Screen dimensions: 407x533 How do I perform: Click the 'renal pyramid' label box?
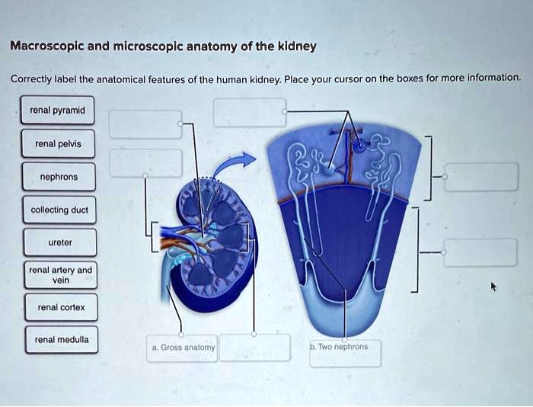click(59, 111)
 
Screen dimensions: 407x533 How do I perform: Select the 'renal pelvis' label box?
click(59, 144)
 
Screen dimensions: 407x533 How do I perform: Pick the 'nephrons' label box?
click(59, 177)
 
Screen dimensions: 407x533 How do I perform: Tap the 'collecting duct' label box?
click(59, 210)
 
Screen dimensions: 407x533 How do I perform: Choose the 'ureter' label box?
click(59, 242)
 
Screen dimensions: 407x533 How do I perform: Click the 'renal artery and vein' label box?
click(59, 275)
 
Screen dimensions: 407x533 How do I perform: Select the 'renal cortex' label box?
click(59, 308)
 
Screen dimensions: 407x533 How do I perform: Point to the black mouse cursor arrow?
click(493, 287)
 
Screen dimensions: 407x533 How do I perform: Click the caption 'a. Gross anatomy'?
click(184, 347)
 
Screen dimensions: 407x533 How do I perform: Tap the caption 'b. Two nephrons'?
click(339, 347)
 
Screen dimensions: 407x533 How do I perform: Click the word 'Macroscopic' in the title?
click(48, 46)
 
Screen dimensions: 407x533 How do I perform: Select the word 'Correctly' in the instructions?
click(30, 79)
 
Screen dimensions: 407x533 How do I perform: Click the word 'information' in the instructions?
click(493, 78)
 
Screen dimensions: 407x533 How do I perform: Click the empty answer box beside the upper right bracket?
click(481, 177)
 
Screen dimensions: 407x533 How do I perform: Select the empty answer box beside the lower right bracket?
click(481, 252)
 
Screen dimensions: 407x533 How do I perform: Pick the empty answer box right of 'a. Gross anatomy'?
click(254, 347)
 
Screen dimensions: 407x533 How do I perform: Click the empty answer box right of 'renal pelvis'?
click(145, 163)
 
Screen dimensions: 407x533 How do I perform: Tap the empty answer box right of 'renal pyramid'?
click(145, 123)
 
